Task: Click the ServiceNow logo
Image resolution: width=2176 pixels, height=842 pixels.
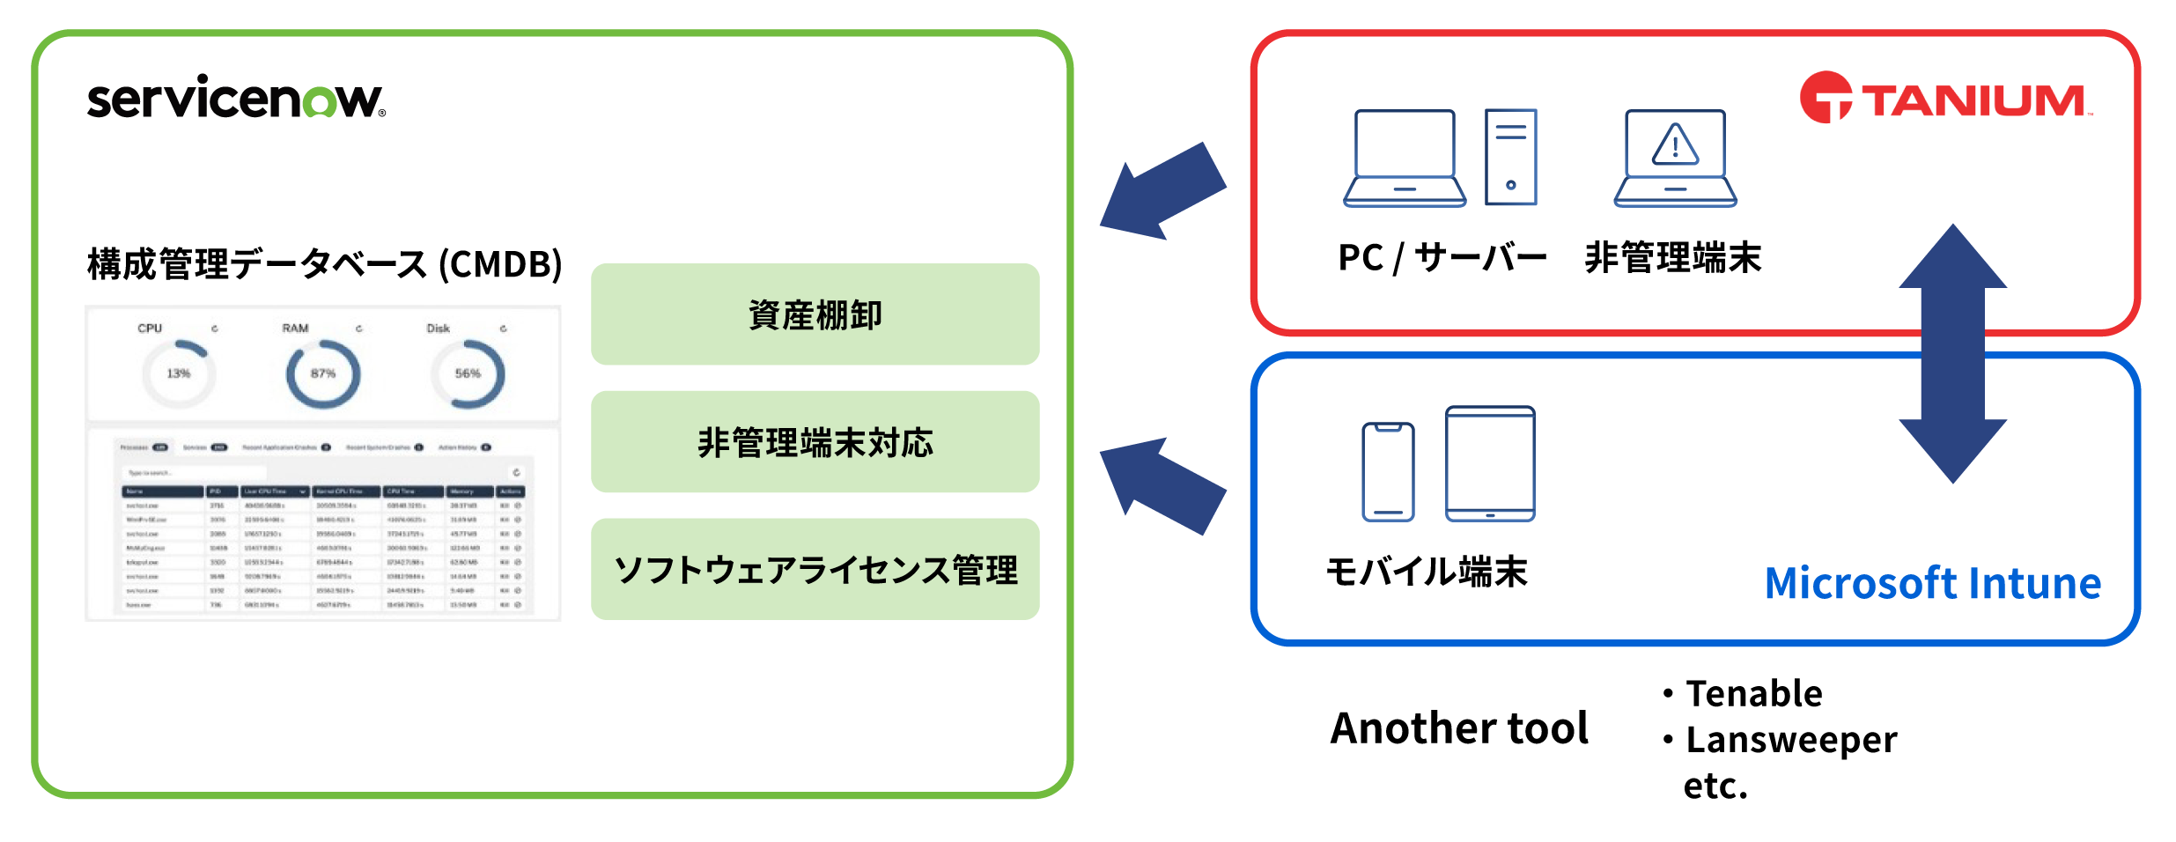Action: (x=236, y=98)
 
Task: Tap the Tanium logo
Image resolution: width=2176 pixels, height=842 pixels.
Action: (x=1944, y=99)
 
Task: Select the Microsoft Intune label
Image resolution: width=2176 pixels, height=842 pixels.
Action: (x=1932, y=583)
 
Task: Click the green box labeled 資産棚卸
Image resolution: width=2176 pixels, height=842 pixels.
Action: (x=815, y=314)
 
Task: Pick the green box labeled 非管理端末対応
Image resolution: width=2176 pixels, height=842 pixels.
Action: (x=815, y=442)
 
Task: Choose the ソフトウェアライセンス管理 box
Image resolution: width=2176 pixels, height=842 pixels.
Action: (x=815, y=570)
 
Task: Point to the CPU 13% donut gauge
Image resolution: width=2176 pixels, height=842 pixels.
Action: (x=179, y=373)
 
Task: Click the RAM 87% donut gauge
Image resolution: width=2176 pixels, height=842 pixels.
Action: (x=323, y=373)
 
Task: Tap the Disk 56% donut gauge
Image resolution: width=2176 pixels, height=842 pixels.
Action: (x=468, y=373)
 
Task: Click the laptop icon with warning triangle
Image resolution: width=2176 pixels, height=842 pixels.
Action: (x=1675, y=159)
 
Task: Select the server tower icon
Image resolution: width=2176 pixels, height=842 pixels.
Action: (x=1510, y=157)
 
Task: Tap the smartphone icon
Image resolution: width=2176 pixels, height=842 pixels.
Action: (x=1388, y=472)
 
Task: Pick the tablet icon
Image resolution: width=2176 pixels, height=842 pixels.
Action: (x=1490, y=463)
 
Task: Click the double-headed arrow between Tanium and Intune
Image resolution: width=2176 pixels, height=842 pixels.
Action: (x=1952, y=353)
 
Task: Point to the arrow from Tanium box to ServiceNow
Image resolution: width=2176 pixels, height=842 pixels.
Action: (x=1161, y=193)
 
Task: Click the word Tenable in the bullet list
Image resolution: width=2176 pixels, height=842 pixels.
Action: (x=1753, y=693)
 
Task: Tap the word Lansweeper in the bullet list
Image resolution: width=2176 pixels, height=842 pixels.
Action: (x=1790, y=740)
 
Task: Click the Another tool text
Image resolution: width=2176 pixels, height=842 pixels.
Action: (x=1459, y=728)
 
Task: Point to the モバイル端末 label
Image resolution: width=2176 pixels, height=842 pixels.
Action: (x=1426, y=572)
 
